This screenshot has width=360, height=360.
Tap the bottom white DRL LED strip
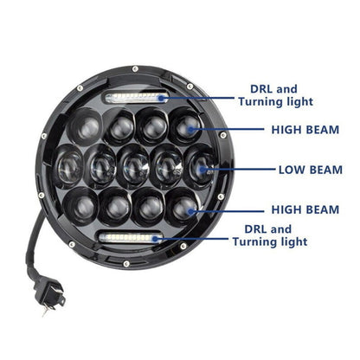[132, 237]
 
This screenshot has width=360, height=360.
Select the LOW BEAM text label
[312, 170]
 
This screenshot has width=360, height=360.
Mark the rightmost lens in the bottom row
[183, 205]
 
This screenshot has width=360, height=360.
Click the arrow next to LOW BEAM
[244, 170]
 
